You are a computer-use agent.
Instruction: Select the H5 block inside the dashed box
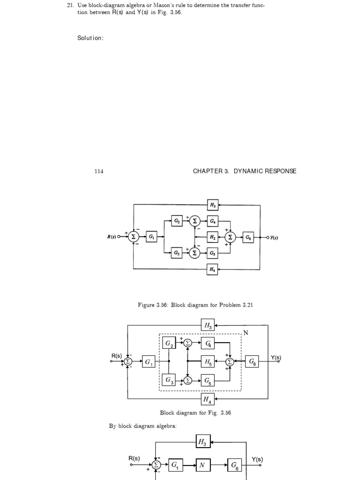207,362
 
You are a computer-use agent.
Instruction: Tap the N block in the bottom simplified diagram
202,465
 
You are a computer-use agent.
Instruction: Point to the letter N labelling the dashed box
246,333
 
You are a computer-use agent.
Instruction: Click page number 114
98,171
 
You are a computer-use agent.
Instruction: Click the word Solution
90,38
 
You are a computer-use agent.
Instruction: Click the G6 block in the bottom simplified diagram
234,465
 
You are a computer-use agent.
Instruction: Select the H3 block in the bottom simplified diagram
202,441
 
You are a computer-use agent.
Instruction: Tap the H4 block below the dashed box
207,399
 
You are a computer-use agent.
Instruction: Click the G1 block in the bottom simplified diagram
175,465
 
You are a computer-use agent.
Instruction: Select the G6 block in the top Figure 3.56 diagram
248,237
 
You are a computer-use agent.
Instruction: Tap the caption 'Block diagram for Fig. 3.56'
195,413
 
